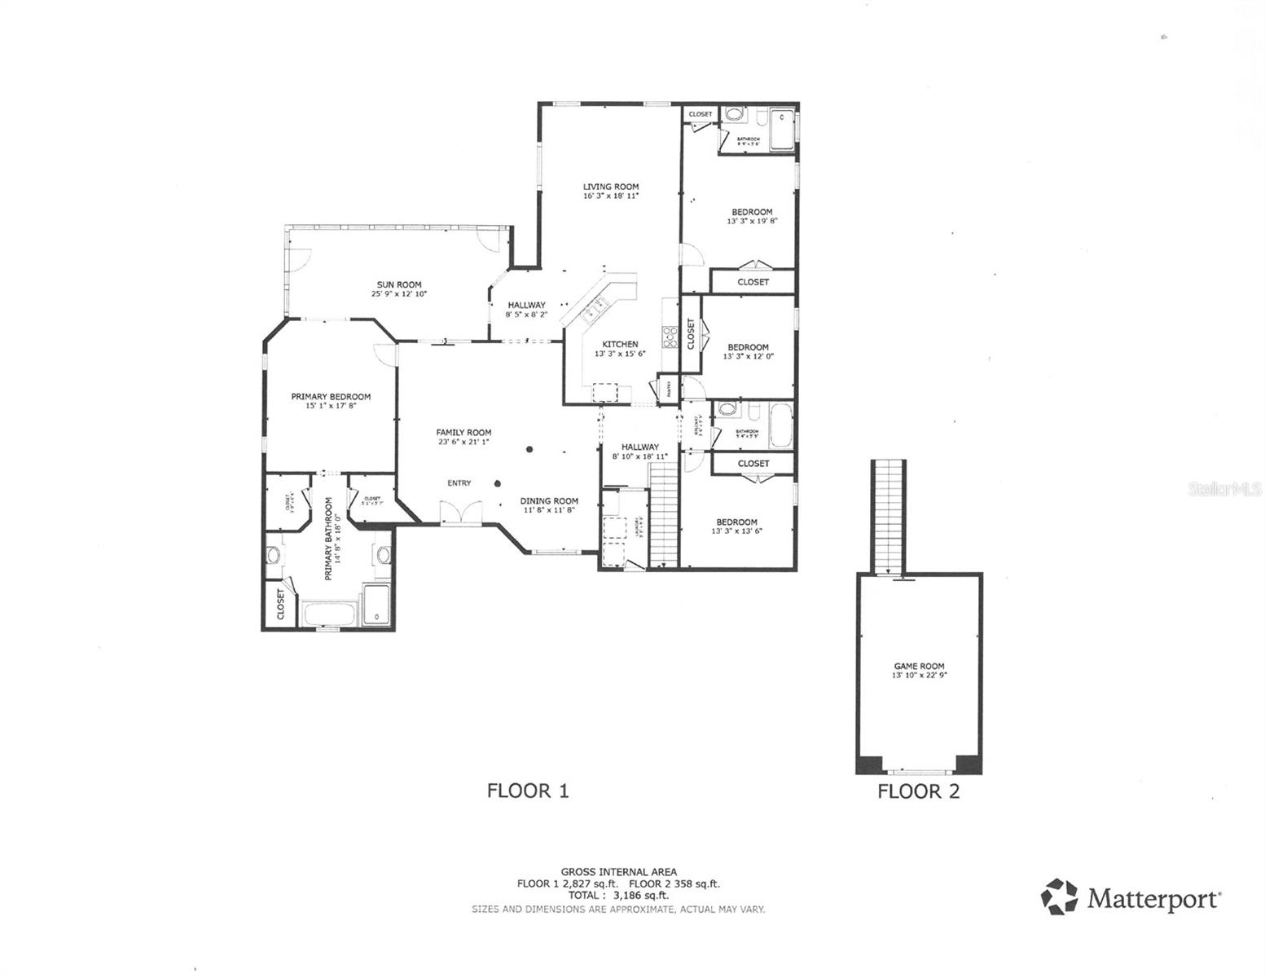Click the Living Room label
(610, 187)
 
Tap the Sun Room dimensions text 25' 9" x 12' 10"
(399, 294)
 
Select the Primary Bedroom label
(331, 397)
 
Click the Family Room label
(463, 433)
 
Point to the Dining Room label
(549, 501)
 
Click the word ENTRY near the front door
(459, 483)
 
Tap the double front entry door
(460, 514)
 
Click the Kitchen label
(620, 344)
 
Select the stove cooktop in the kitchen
(670, 336)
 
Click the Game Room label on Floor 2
(919, 666)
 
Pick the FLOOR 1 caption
(527, 791)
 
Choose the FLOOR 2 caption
(918, 791)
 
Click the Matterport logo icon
(1059, 896)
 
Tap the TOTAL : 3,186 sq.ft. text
(618, 895)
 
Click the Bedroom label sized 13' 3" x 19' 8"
(752, 212)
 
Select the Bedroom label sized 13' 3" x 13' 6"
(736, 522)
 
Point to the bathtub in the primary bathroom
(330, 613)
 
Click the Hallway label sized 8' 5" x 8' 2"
(526, 305)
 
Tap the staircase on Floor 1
(664, 513)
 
